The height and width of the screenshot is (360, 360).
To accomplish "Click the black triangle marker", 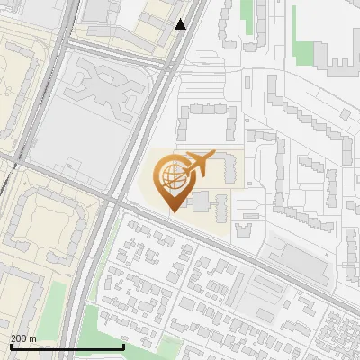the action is tap(181, 24).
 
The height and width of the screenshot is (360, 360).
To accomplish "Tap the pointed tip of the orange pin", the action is tap(171, 211).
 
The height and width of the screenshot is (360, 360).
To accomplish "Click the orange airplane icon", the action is tap(200, 164).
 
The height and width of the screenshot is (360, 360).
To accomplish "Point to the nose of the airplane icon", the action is tap(214, 154).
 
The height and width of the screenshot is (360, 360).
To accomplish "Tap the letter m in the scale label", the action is tap(33, 339).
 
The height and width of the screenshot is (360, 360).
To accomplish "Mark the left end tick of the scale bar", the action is tap(11, 346).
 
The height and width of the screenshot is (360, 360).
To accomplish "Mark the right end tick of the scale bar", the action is tap(123, 346).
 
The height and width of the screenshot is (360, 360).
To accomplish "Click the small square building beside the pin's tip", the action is tap(199, 201).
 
